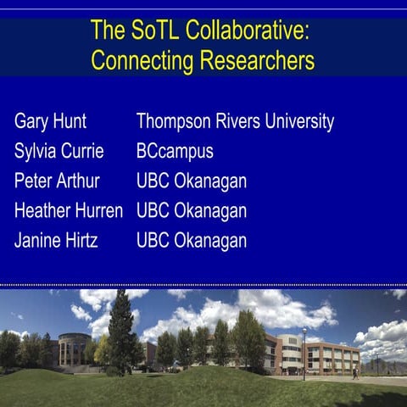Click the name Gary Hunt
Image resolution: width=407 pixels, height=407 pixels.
click(x=50, y=121)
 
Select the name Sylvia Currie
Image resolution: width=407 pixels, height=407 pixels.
click(x=59, y=152)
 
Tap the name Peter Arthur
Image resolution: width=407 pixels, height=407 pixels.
click(x=57, y=181)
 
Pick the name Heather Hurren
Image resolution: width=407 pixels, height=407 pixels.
click(x=69, y=211)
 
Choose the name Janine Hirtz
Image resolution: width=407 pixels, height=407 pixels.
click(x=56, y=241)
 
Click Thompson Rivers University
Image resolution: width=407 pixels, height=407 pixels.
click(x=235, y=121)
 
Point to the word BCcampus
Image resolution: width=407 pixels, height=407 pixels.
click(x=175, y=152)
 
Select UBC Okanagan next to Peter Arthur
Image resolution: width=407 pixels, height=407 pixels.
click(x=192, y=181)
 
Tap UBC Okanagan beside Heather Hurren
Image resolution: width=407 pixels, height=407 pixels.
click(x=192, y=211)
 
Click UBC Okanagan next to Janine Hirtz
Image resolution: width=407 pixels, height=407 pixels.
click(x=192, y=241)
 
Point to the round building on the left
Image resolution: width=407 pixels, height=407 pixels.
click(x=74, y=348)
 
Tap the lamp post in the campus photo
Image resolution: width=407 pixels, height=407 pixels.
click(x=304, y=352)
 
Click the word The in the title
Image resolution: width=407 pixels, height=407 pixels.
click(x=108, y=32)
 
